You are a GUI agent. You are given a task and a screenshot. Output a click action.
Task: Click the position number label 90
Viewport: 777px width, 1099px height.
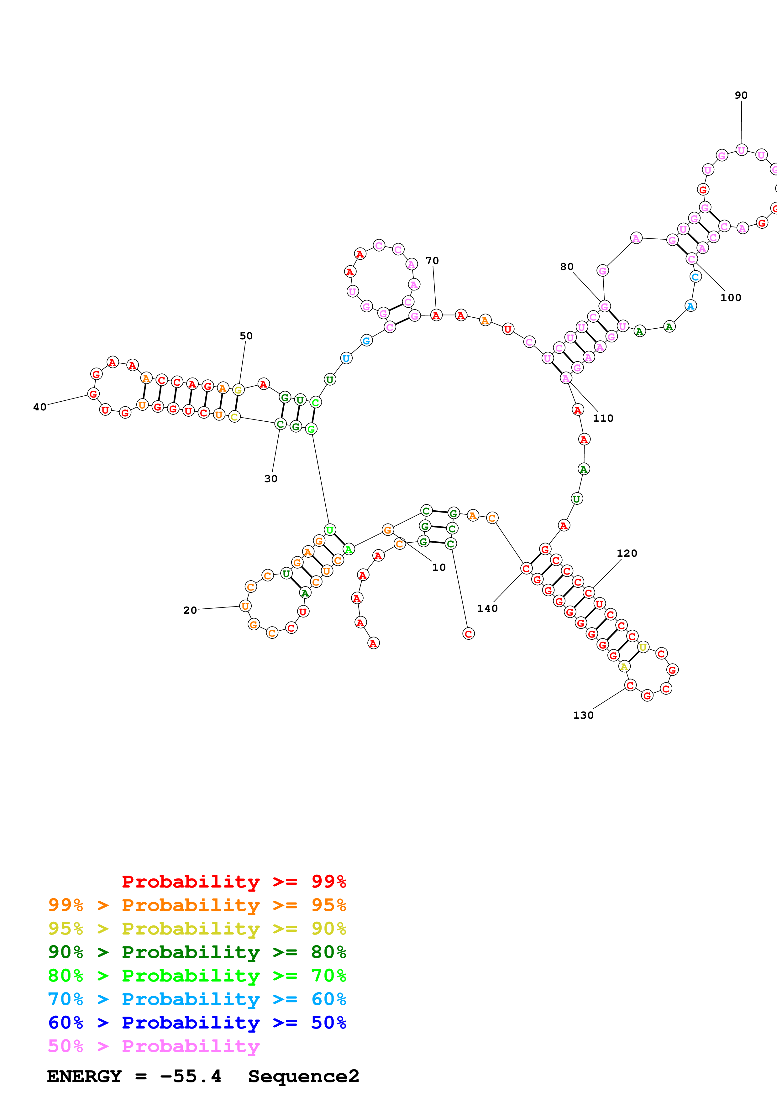pos(741,95)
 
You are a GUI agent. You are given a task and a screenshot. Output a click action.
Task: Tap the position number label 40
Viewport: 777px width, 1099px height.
pos(40,407)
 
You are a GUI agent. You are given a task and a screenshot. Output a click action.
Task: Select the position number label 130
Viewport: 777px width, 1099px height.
pos(583,715)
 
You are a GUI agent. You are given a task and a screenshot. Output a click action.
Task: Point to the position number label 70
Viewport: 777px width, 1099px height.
pos(432,261)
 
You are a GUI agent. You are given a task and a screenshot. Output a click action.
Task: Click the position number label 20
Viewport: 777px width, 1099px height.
pos(190,610)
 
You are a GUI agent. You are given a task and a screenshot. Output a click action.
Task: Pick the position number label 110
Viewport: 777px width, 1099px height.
pos(603,418)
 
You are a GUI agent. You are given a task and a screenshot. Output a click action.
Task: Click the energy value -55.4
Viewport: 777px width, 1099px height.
pos(191,1076)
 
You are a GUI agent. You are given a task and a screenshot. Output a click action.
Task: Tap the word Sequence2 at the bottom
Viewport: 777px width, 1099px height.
pos(303,1076)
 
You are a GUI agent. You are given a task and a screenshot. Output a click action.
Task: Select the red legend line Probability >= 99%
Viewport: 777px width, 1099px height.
pos(234,882)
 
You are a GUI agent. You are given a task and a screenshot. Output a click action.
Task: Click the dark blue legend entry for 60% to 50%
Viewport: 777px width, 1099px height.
pos(197,1023)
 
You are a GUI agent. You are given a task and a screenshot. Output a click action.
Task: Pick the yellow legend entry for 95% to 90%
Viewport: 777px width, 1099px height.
pos(197,929)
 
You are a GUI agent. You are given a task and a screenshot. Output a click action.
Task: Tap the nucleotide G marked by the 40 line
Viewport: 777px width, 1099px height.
pos(93,394)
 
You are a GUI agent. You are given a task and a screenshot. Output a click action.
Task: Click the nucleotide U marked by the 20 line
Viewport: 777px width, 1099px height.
pos(245,606)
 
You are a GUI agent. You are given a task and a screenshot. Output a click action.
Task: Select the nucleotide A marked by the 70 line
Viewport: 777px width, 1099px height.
pos(436,315)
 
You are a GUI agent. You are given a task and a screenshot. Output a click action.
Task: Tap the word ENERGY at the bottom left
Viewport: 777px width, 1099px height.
pos(84,1076)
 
